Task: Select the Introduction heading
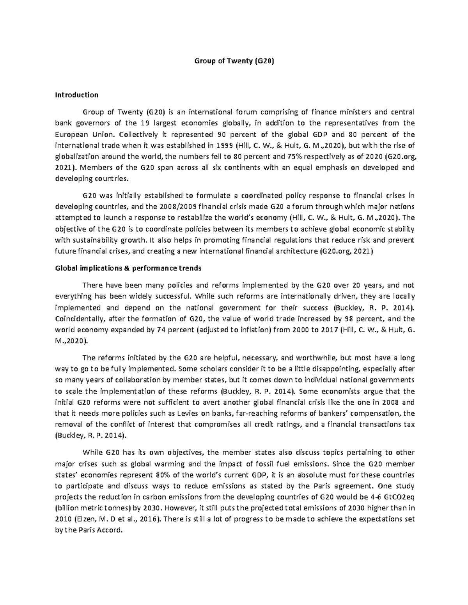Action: [x=77, y=95]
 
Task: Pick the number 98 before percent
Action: [x=350, y=318]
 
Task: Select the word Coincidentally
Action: [x=80, y=318]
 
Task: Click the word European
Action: [x=71, y=134]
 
